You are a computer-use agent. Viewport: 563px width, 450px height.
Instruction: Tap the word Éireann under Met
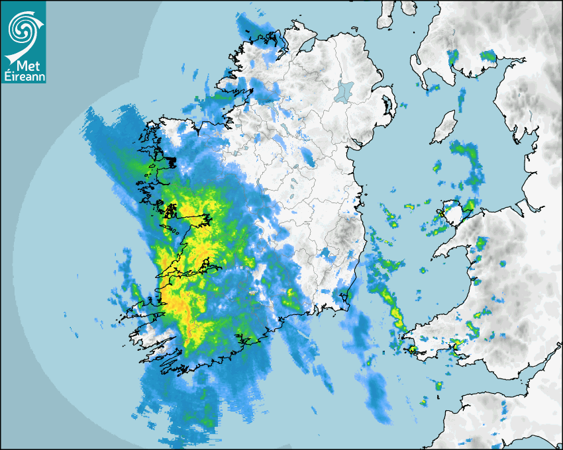pyautogui.click(x=24, y=77)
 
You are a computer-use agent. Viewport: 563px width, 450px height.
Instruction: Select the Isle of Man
pyautogui.click(x=443, y=128)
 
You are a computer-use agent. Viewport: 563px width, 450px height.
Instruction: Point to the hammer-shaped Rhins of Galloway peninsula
pyautogui.click(x=417, y=66)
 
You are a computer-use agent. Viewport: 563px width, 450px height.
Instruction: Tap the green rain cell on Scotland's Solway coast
pyautogui.click(x=488, y=57)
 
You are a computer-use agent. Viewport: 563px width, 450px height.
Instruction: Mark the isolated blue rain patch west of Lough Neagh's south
pyautogui.click(x=309, y=157)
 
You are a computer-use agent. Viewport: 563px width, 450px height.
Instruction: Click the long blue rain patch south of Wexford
pyautogui.click(x=378, y=397)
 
